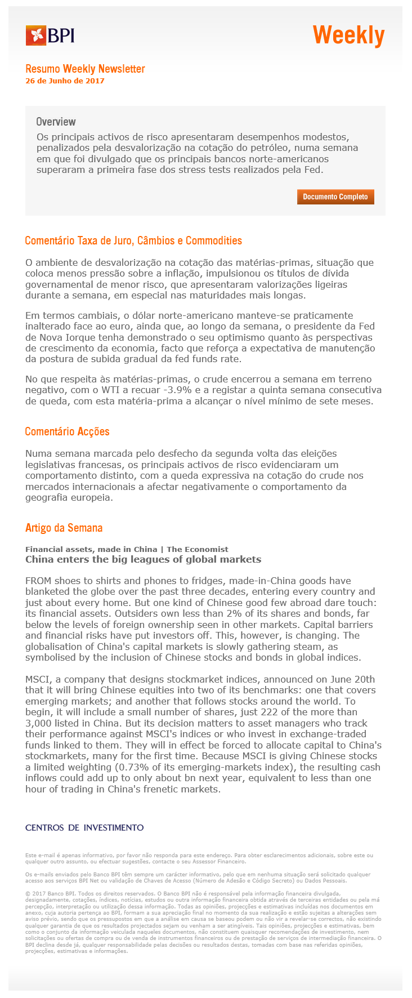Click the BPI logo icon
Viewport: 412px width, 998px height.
click(x=35, y=36)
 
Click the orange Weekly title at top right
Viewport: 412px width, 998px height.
click(x=348, y=35)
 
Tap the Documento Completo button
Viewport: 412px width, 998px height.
click(x=335, y=197)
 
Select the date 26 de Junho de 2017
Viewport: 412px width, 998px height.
click(x=65, y=81)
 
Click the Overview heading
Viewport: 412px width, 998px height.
click(x=56, y=122)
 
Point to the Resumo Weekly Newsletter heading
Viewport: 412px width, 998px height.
click(x=85, y=69)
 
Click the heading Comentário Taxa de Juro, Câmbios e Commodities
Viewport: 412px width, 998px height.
click(x=133, y=241)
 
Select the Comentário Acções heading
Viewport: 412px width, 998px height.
click(x=67, y=432)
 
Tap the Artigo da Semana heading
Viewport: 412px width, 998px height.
click(x=64, y=528)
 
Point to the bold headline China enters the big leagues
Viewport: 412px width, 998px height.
click(x=143, y=559)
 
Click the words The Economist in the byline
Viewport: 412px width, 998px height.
click(x=197, y=549)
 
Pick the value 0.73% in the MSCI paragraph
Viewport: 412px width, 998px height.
click(x=151, y=767)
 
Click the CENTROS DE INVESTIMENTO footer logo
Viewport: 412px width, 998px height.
click(x=84, y=827)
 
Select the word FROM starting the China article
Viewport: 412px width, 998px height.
click(x=38, y=581)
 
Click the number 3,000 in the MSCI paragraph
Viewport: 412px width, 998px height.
click(x=39, y=723)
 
